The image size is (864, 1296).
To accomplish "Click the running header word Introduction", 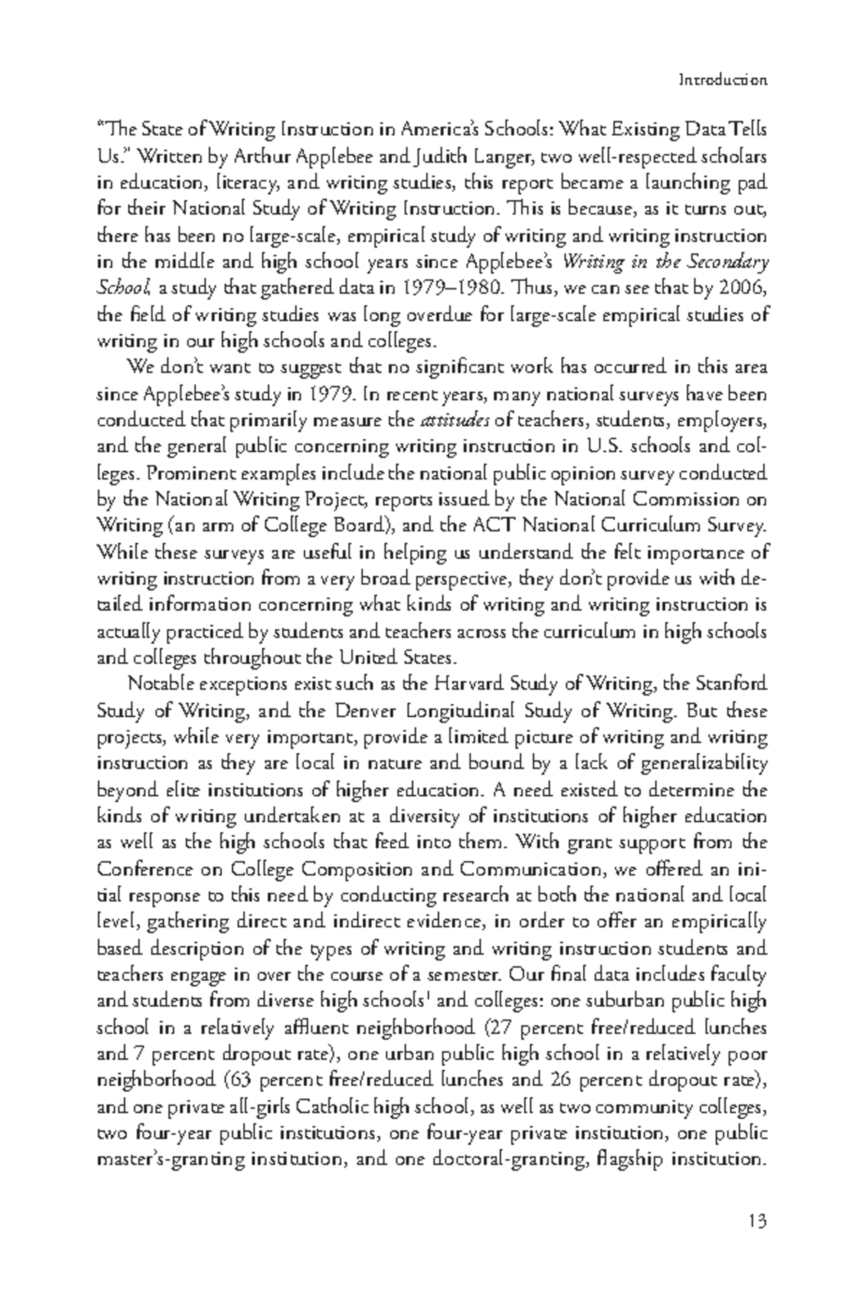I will pyautogui.click(x=723, y=80).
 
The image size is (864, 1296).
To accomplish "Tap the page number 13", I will pyautogui.click(x=757, y=1221).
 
